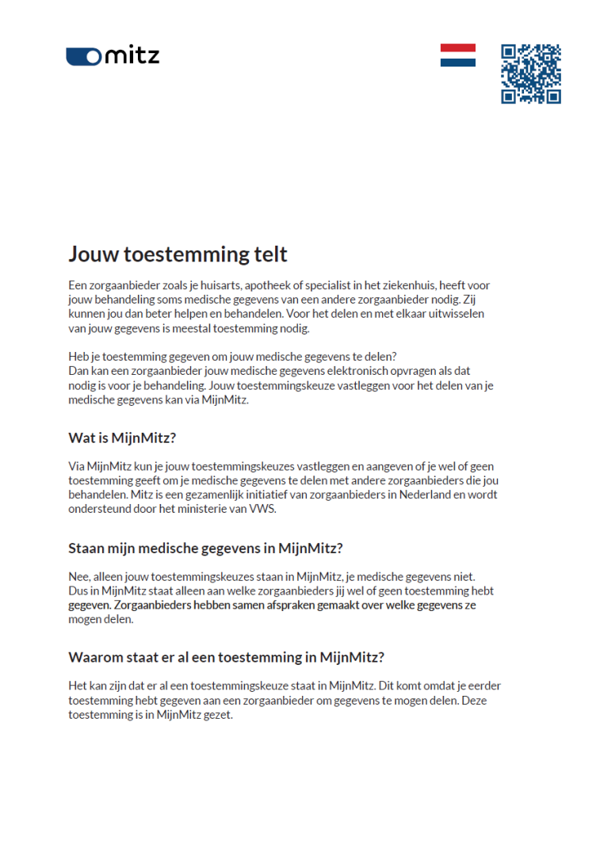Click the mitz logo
pyautogui.click(x=113, y=55)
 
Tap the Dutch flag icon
pyautogui.click(x=458, y=55)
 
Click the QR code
pyautogui.click(x=530, y=74)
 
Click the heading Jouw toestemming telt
pyautogui.click(x=178, y=254)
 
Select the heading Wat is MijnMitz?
pyautogui.click(x=122, y=438)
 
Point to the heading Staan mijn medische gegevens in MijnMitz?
pyautogui.click(x=206, y=548)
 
